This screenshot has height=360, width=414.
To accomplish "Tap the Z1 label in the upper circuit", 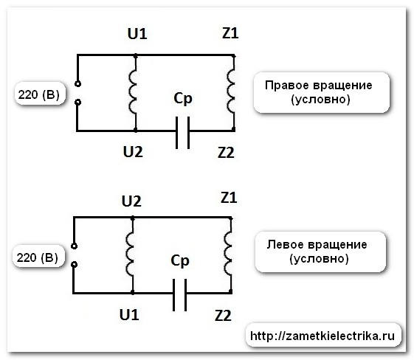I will click(x=230, y=35).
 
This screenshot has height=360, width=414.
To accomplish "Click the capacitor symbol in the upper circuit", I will click(x=182, y=131).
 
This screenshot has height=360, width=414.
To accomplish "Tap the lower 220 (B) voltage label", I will click(x=38, y=257).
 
